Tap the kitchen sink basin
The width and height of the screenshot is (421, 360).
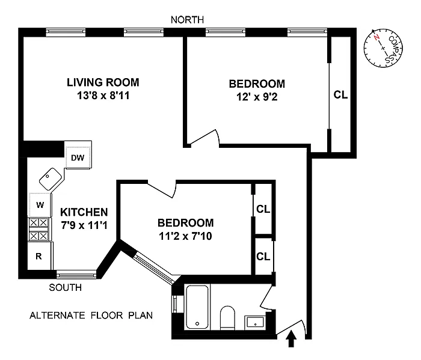[x=50, y=178]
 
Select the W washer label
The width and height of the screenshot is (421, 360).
[x=40, y=205]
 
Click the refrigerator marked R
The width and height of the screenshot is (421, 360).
[x=40, y=256]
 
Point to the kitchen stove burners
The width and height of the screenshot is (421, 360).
[x=39, y=230]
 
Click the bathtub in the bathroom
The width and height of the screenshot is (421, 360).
[x=197, y=307]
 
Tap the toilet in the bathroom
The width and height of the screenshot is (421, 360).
[x=227, y=317]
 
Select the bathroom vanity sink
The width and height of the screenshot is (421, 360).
[x=255, y=322]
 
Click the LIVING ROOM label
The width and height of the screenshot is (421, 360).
[x=103, y=82]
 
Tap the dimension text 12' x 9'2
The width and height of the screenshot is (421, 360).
[x=257, y=97]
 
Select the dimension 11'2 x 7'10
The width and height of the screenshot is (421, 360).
[x=185, y=236]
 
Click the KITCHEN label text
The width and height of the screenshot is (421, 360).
[x=84, y=212]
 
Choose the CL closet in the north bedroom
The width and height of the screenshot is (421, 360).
[x=341, y=95]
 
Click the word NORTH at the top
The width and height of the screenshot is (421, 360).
[x=188, y=20]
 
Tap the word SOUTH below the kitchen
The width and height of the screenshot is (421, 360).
[x=65, y=287]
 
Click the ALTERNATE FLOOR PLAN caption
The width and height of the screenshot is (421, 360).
[x=91, y=315]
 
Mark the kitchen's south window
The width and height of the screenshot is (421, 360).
[x=76, y=275]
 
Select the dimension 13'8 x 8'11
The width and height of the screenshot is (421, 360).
[x=103, y=96]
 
